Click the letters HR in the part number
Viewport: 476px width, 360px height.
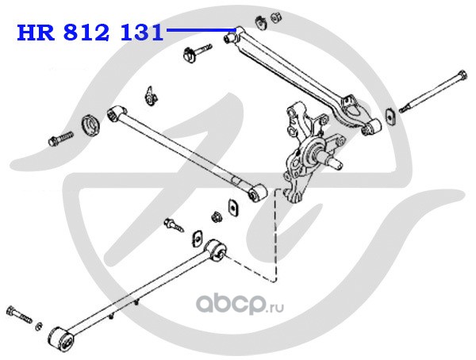(33, 33)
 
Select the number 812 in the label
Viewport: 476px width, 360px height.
(85, 33)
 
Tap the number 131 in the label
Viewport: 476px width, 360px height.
(139, 33)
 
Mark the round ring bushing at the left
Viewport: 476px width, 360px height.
(92, 124)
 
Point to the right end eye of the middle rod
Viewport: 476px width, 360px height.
(256, 193)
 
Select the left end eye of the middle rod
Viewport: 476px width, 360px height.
(116, 113)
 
